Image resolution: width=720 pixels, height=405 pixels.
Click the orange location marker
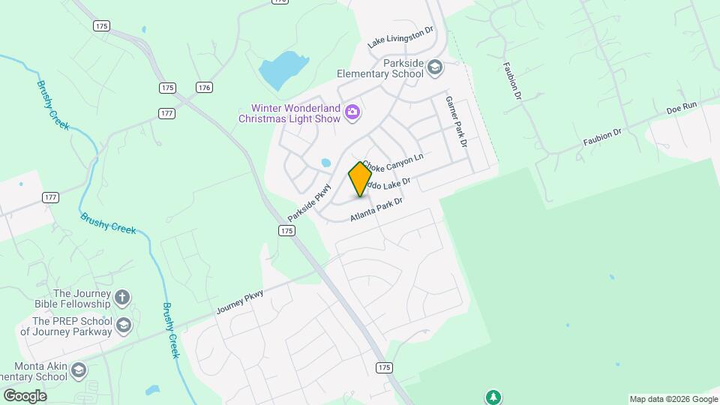(x=361, y=178)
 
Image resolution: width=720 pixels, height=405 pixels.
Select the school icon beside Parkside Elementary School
(x=434, y=69)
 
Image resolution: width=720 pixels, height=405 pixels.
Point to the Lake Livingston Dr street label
(x=400, y=38)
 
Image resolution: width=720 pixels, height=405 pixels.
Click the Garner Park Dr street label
(x=457, y=121)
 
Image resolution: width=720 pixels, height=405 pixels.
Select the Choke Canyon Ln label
(x=394, y=160)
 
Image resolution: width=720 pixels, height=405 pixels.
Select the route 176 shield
(x=204, y=88)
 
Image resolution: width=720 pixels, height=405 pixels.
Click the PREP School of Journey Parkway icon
(x=124, y=325)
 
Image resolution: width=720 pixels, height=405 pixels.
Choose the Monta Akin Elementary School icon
(x=79, y=370)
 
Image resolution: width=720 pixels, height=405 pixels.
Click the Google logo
(x=25, y=395)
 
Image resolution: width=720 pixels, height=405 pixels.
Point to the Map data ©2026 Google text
(x=673, y=399)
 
